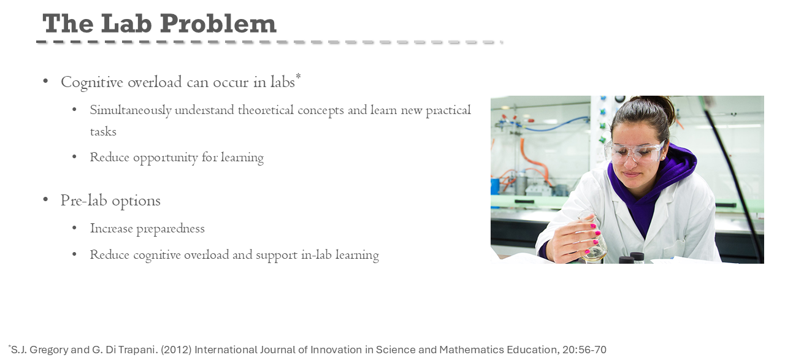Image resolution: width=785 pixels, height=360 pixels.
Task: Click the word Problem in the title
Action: tap(218, 23)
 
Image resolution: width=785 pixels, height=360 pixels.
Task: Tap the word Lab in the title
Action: tap(126, 23)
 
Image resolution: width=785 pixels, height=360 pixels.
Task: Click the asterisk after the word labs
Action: tap(298, 76)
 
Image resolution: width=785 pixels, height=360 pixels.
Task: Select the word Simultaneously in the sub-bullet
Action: tap(131, 110)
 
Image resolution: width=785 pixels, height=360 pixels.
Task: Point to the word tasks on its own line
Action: tap(103, 131)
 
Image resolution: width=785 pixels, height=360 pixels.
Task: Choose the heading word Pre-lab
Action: tap(84, 201)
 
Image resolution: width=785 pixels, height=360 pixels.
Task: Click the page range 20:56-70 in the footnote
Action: tap(584, 350)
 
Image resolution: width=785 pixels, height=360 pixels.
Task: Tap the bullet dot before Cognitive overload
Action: tap(45, 82)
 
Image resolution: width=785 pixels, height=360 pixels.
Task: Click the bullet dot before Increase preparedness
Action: tap(74, 229)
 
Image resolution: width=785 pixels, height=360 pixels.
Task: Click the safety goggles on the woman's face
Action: tap(634, 152)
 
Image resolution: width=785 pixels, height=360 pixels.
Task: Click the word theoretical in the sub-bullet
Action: tap(266, 110)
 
